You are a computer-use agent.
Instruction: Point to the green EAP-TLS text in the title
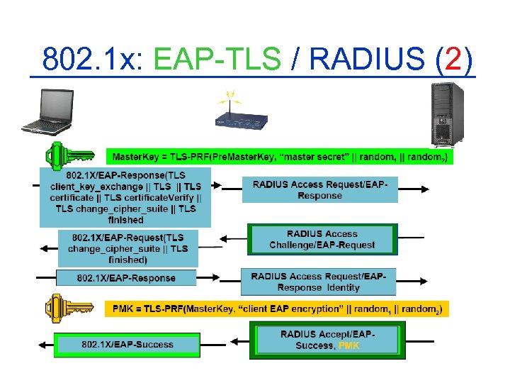click(217, 60)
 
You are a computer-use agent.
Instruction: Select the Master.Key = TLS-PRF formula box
click(280, 156)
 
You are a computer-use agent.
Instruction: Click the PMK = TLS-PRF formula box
click(279, 309)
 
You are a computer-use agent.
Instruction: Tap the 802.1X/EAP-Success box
click(127, 345)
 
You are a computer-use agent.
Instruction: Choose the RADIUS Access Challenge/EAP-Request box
click(322, 240)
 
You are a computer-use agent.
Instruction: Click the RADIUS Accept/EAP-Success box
click(328, 340)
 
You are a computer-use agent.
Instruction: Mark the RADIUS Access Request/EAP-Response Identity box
click(319, 282)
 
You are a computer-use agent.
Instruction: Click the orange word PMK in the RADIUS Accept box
click(349, 346)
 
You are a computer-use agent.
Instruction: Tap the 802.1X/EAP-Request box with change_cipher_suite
click(127, 248)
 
